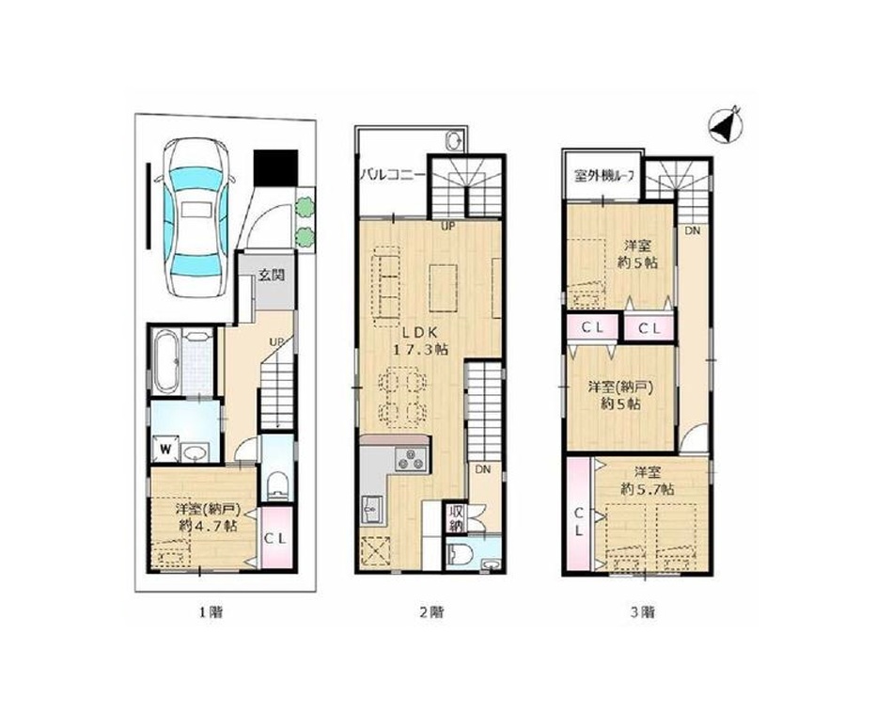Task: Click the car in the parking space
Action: (x=196, y=217)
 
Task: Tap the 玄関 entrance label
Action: (x=272, y=275)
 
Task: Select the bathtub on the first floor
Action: (x=166, y=361)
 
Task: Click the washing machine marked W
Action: (x=166, y=449)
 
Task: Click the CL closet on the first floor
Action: (x=275, y=537)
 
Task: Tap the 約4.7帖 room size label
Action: (x=209, y=526)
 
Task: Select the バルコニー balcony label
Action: (x=392, y=173)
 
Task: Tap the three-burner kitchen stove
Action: (x=411, y=460)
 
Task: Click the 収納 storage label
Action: (x=454, y=519)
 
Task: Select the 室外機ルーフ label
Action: (x=604, y=176)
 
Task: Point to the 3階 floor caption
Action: (x=643, y=611)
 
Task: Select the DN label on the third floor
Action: (x=693, y=230)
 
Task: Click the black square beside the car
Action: (x=274, y=168)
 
